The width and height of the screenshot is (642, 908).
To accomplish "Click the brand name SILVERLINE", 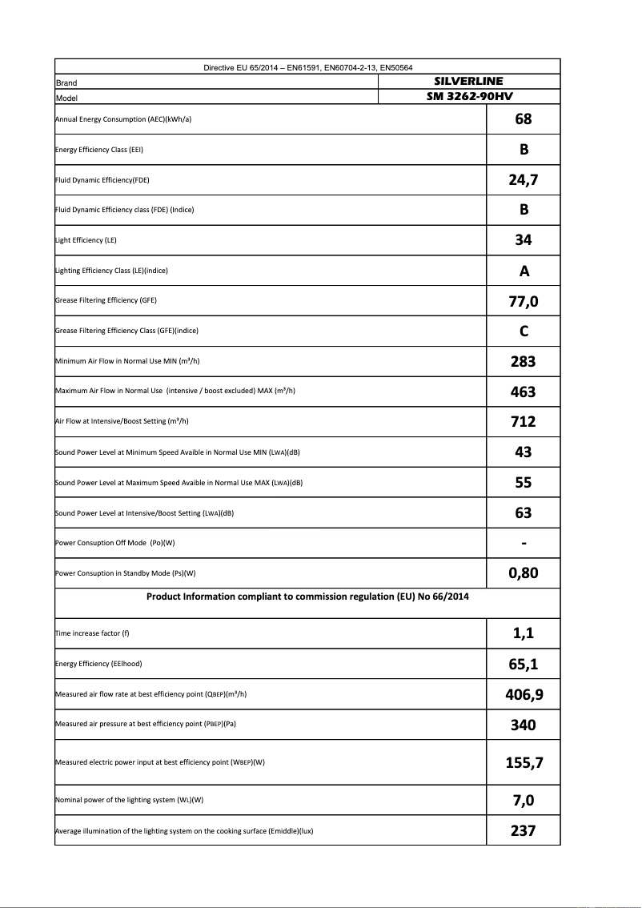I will [468, 81].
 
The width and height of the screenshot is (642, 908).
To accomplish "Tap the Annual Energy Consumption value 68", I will [524, 119].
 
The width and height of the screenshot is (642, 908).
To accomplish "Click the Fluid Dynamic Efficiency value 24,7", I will [524, 180].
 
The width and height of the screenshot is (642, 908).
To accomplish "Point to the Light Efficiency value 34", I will [524, 240].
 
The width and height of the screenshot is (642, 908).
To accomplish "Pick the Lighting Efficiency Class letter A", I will [524, 271].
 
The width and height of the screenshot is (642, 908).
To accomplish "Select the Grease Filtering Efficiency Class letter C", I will [524, 331].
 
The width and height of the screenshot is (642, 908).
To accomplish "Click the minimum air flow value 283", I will [524, 361].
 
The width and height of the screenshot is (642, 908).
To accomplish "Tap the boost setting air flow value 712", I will [524, 421].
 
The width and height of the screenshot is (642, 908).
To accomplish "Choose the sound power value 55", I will [524, 483].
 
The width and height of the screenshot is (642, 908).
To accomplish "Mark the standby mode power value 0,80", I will [524, 573].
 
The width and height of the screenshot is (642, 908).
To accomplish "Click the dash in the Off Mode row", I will [524, 544].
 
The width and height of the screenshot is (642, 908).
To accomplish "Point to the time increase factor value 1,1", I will [524, 633].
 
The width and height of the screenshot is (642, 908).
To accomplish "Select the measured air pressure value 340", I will [524, 725].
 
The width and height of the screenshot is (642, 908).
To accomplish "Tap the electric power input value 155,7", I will [524, 762].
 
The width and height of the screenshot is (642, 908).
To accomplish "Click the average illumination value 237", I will [524, 831].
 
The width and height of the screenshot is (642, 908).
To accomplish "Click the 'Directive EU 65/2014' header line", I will [307, 67].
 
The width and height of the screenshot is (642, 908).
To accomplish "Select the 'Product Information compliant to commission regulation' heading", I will [307, 597].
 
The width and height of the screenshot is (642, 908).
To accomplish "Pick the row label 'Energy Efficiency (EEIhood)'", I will [98, 664].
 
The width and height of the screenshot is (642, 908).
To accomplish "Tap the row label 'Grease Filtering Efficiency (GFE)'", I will [106, 301].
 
